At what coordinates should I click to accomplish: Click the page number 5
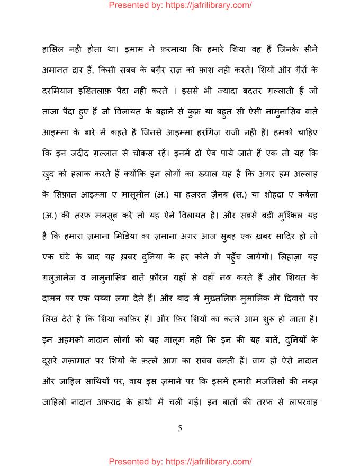click(180, 428)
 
